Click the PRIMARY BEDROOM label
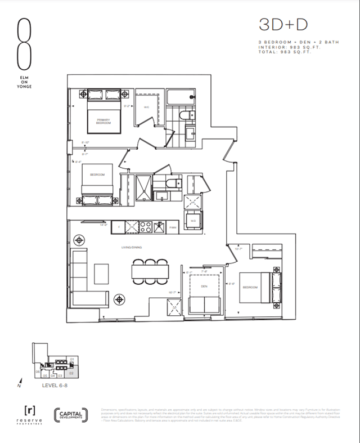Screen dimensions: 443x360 pos(103,121)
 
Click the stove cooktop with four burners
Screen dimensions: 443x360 pos(146,227)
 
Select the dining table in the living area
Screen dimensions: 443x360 pos(150,271)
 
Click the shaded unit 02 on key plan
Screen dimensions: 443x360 pos(71,372)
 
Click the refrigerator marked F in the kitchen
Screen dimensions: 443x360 pos(119,227)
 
